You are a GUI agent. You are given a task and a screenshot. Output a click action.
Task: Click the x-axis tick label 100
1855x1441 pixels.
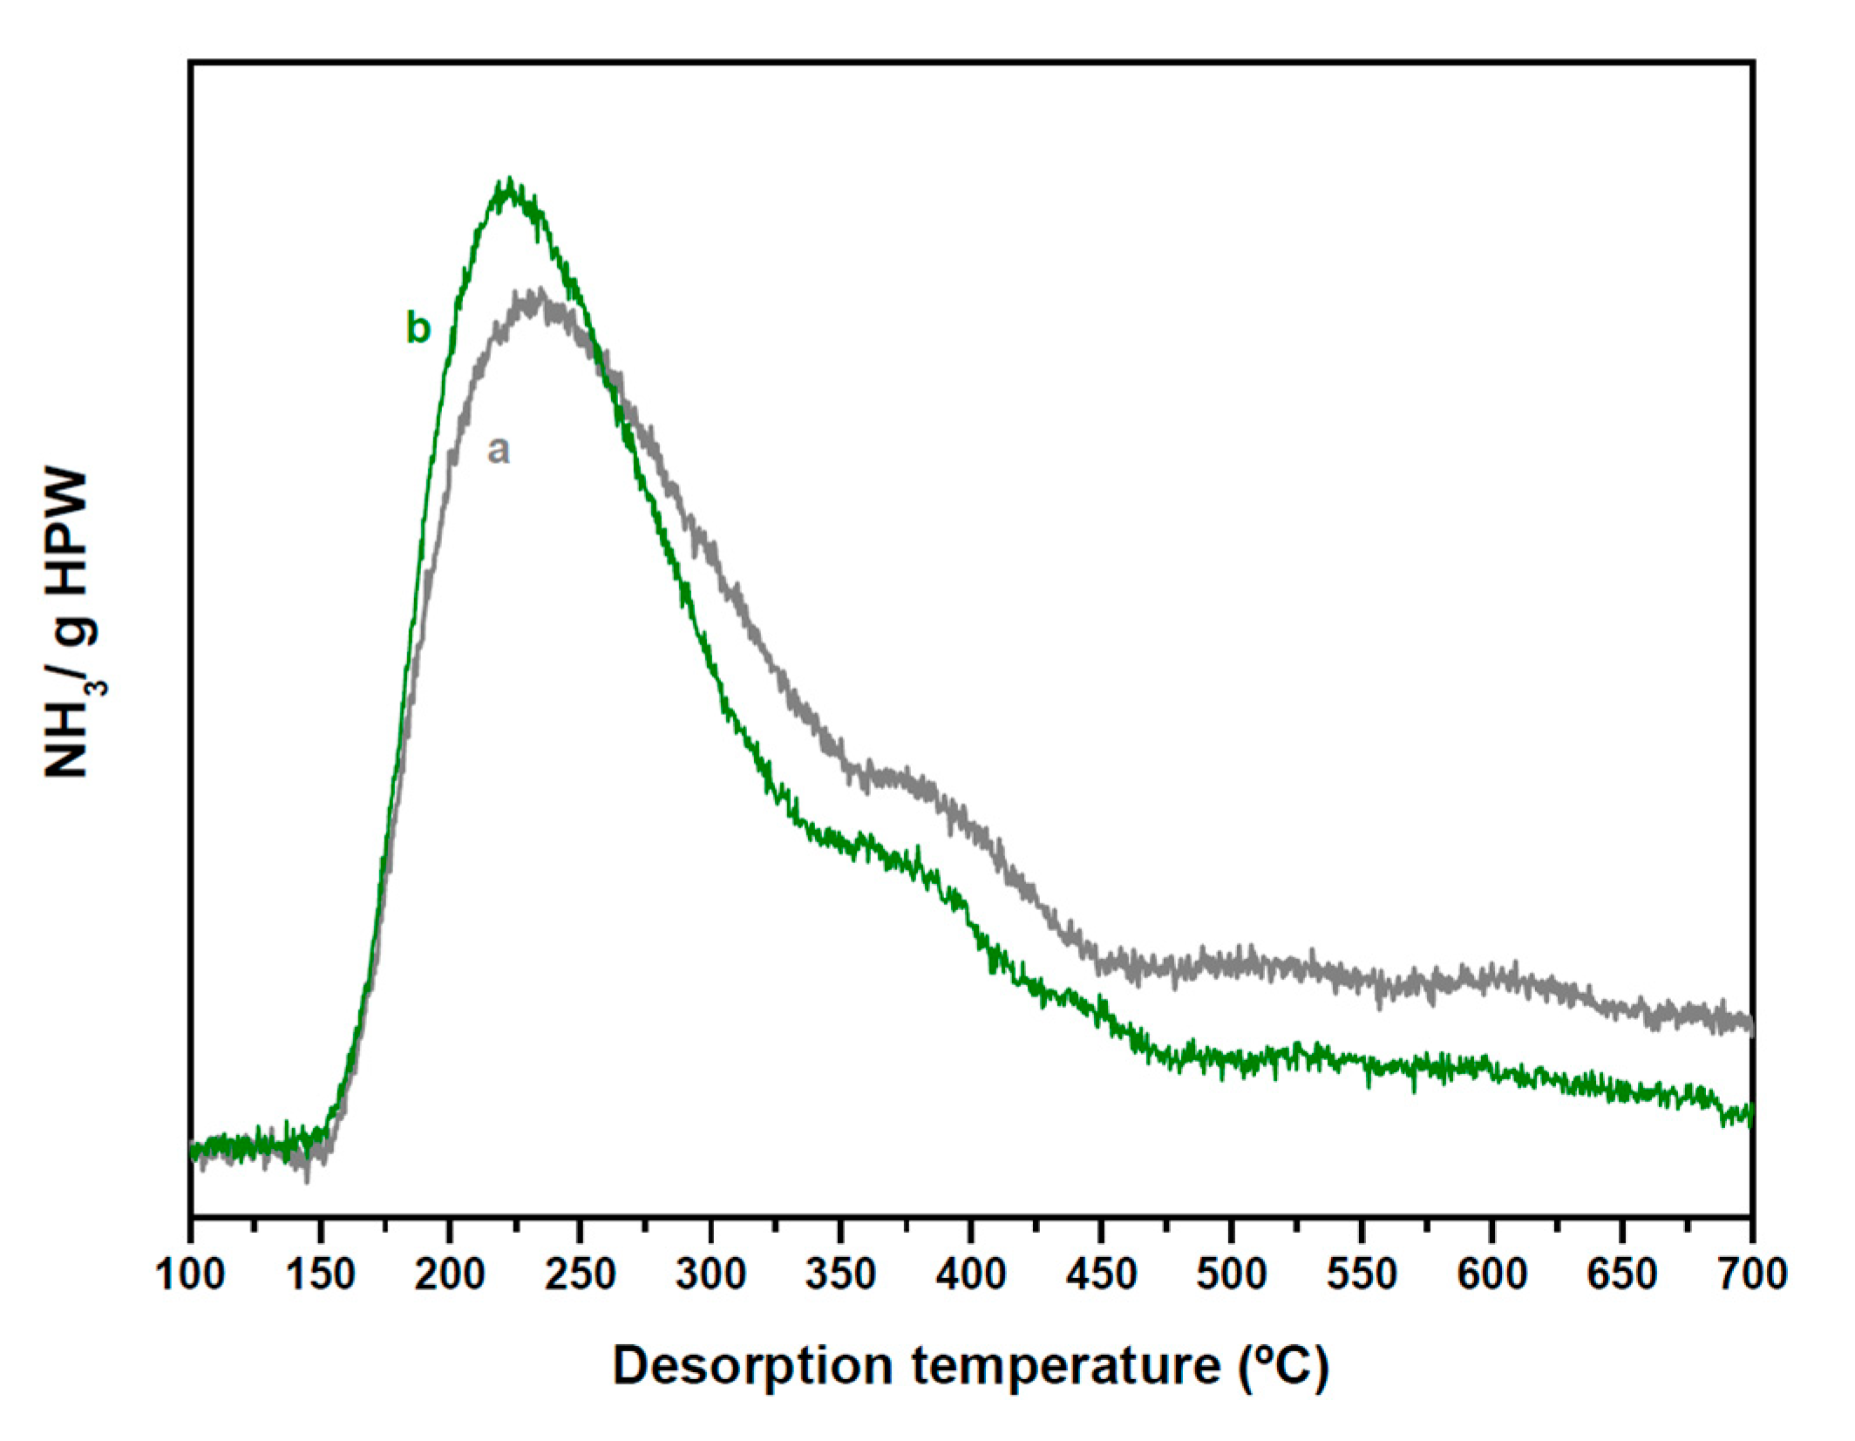189,1275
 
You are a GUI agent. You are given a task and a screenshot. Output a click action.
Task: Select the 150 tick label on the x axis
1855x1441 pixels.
320,1275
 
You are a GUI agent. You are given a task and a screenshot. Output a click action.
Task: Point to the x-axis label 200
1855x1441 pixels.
450,1275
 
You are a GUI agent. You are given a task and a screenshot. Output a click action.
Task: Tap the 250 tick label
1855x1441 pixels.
580,1275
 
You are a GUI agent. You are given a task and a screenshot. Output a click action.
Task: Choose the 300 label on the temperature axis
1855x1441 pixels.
710,1275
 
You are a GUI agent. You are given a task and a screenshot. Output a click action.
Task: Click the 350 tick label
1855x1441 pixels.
840,1275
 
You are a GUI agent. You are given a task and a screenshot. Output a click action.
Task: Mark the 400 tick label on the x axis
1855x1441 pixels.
971,1275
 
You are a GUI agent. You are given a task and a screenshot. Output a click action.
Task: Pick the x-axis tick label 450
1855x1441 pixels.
1101,1275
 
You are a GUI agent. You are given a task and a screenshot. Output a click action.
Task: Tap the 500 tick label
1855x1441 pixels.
1231,1275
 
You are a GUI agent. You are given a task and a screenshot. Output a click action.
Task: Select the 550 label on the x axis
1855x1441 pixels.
1362,1275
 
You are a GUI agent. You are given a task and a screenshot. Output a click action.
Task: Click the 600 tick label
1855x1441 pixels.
1491,1275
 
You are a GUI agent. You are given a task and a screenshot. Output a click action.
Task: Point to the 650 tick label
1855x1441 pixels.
1622,1275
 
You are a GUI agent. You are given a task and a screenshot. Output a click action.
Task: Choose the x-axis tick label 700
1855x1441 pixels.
1752,1275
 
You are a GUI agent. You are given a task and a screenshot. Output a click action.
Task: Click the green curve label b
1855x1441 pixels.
418,328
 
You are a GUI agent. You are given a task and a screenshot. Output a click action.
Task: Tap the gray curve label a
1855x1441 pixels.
498,450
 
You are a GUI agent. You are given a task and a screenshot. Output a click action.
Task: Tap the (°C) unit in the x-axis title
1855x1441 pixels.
1283,1365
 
